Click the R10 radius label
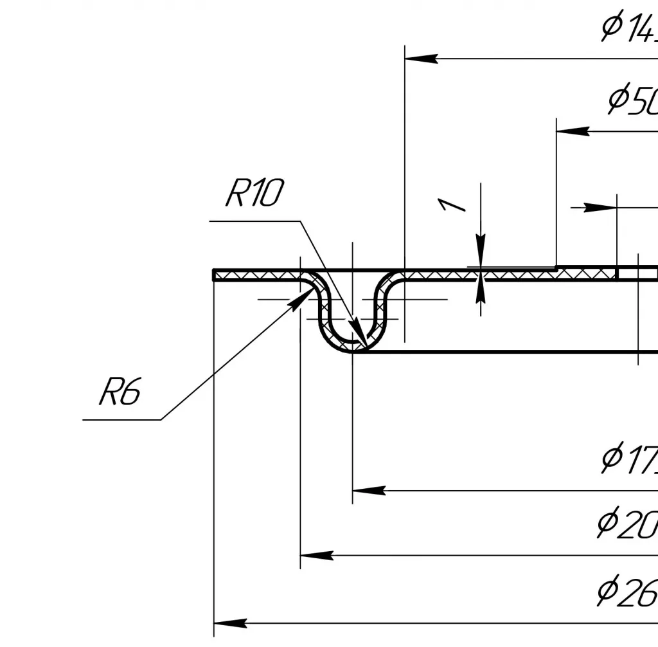point(253,193)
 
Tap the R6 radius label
point(120,392)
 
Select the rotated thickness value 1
point(453,205)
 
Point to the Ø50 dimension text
point(633,101)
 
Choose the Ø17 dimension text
point(630,459)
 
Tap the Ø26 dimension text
point(627,591)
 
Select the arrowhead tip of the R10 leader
point(363,345)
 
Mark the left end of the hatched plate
point(215,275)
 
